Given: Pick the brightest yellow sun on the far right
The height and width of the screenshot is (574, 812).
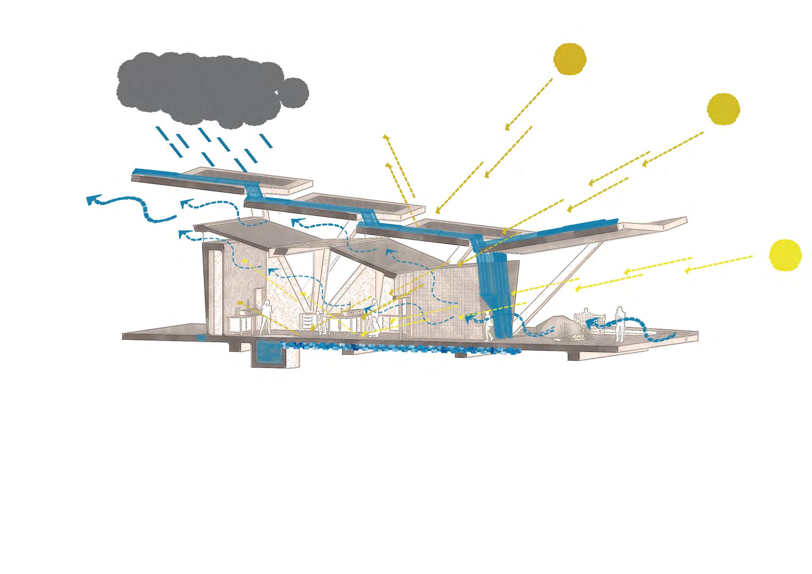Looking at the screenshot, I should point(785,255).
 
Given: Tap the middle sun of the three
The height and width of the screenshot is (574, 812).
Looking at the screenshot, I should point(723,109).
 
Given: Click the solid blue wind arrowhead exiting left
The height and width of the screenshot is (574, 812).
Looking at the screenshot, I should point(93,200).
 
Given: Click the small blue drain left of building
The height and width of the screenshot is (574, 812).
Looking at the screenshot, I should point(201,338).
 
